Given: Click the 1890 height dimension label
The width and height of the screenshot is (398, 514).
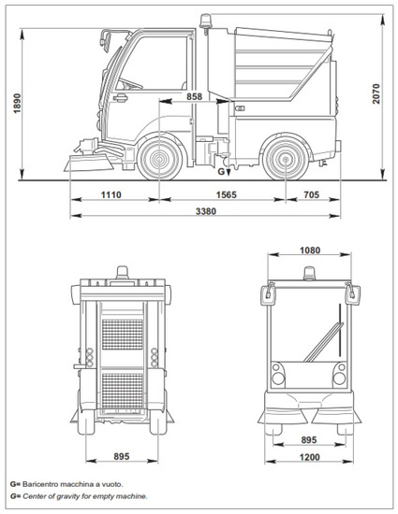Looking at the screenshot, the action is point(17,104).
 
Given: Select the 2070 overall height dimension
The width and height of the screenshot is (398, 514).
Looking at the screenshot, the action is point(376,93).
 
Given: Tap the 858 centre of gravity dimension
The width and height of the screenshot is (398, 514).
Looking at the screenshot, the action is point(195,96).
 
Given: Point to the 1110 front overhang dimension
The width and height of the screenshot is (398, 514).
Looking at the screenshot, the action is point(111,194).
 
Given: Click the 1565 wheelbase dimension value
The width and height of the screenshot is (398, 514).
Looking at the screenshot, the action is point(226,194).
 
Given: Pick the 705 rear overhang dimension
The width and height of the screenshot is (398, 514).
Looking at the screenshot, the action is point(311,194).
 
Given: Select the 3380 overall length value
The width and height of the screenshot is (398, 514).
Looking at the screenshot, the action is point(206,211).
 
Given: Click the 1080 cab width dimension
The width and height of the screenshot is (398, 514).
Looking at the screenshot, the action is point(310,250).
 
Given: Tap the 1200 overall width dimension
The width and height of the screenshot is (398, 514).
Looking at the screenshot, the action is point(309,457).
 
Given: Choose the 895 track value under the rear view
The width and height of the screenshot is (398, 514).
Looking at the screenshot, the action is point(122,456).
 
